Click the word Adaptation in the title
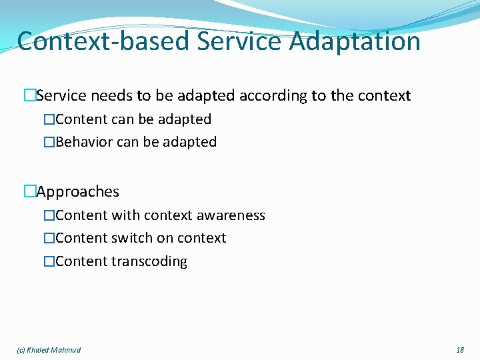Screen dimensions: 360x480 (x=355, y=41)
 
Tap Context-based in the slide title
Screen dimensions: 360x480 (x=104, y=41)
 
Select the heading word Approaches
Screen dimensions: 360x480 (x=78, y=192)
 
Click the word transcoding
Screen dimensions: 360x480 (x=149, y=261)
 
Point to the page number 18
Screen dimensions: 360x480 (x=459, y=350)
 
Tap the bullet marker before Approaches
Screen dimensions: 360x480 (x=29, y=192)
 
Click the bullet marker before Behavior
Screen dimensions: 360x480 (x=49, y=142)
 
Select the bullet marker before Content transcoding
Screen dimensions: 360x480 (x=49, y=261)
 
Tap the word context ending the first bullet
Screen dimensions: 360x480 (x=384, y=95)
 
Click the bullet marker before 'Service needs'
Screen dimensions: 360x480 (x=29, y=95)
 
